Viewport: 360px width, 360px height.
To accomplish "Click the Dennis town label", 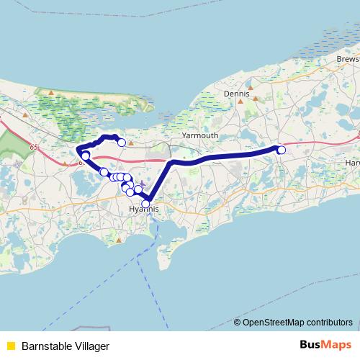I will (x=236, y=94).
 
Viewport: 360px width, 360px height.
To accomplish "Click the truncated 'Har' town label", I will (x=352, y=163).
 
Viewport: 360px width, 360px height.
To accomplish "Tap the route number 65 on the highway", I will (x=34, y=146).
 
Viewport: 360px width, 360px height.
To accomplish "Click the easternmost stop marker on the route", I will (x=282, y=150).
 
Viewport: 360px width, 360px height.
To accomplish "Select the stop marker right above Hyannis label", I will (x=145, y=204).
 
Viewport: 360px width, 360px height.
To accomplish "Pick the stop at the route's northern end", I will (x=122, y=143).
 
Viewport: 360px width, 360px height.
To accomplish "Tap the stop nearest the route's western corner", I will (x=85, y=156).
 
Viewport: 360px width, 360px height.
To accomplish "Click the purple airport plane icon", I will (x=142, y=183).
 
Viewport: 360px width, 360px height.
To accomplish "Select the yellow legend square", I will (x=10, y=346).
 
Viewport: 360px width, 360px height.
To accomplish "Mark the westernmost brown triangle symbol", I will (x=24, y=114).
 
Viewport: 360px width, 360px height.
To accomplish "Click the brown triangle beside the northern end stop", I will (x=130, y=143).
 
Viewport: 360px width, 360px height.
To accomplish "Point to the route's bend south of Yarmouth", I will (x=171, y=163).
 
